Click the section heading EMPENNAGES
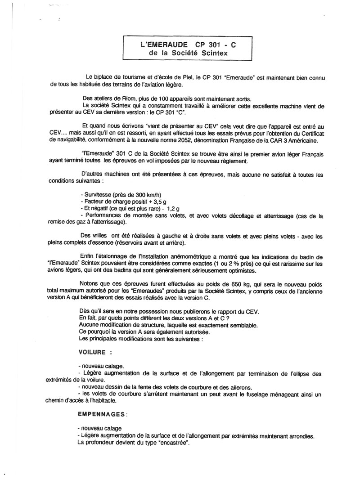[x=101, y=412]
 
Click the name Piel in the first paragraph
[x=175, y=78]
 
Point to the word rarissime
[x=285, y=264]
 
